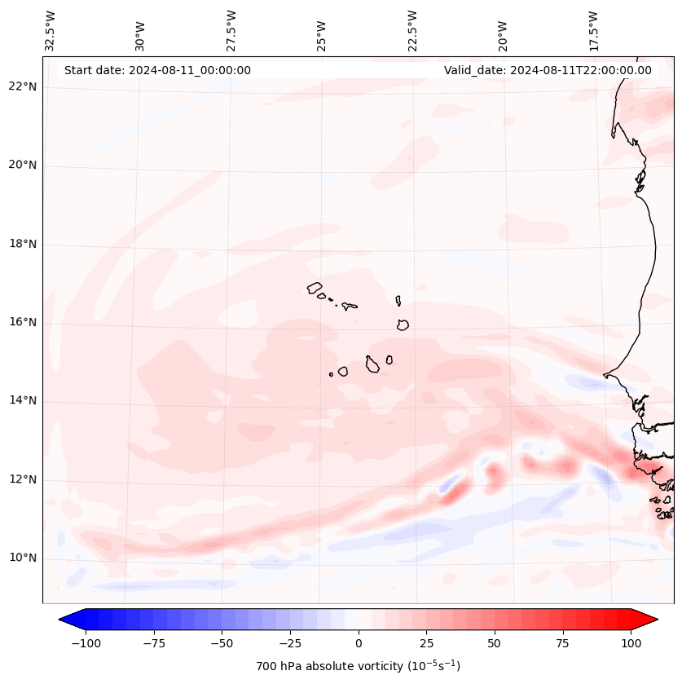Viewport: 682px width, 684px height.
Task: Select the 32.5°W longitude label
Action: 51,30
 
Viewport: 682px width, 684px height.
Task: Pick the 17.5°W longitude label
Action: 593,30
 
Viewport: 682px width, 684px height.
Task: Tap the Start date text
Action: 157,70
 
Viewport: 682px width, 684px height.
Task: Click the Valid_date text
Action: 548,70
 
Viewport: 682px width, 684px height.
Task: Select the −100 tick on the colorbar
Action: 85,643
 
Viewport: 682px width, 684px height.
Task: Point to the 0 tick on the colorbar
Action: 359,643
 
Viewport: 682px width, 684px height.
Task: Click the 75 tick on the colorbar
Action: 563,643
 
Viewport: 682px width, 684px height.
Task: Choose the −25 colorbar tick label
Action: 289,643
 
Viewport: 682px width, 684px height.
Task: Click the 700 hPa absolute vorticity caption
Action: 358,666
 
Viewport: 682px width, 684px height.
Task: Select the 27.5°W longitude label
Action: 231,30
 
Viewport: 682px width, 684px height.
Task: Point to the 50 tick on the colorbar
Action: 495,643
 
